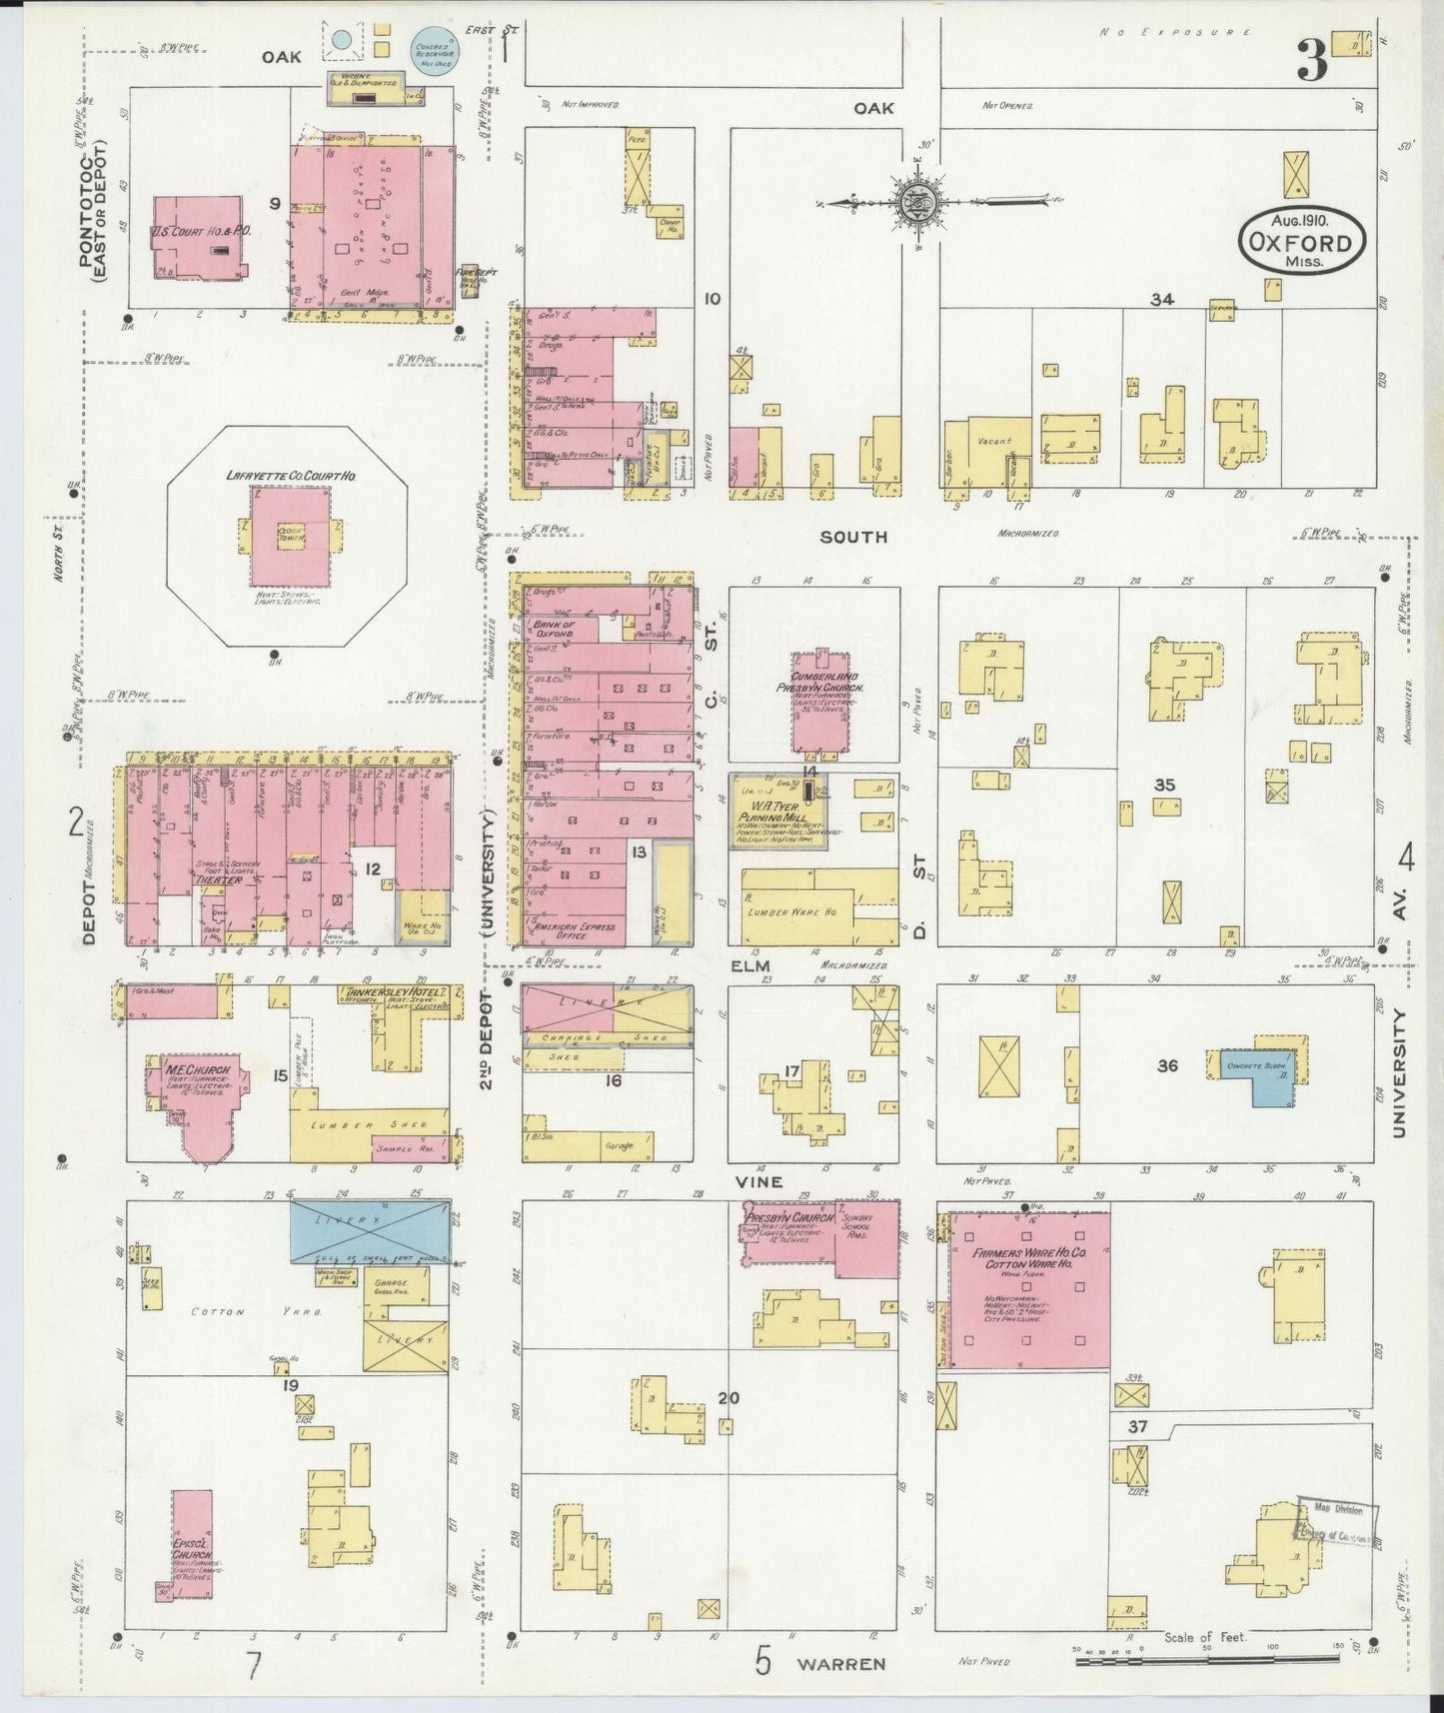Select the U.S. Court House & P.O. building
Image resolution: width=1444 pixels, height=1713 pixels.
[x=198, y=236]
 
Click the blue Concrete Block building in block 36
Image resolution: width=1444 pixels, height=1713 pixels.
[x=1256, y=1074]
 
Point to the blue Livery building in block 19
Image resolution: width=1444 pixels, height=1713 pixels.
[x=370, y=1230]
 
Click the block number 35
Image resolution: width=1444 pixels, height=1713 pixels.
[x=1164, y=785]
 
